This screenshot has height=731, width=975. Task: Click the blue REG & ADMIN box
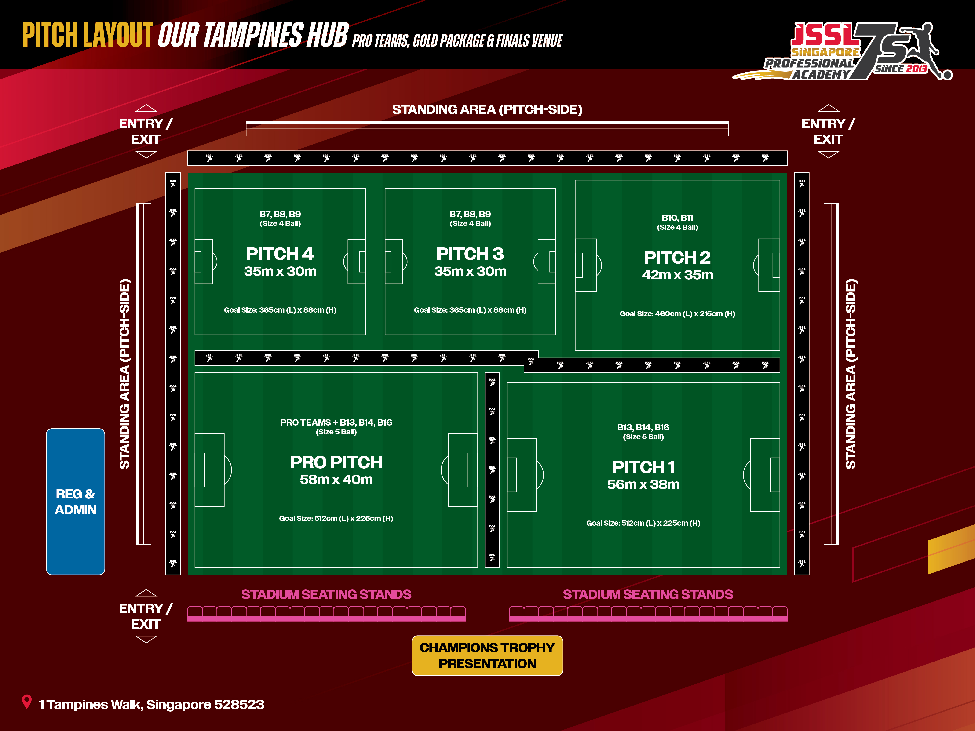75,502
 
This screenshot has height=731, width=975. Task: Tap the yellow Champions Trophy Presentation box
487,655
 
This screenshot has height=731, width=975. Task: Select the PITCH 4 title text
280,254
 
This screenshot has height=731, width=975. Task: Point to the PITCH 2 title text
677,257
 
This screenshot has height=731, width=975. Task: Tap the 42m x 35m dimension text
677,275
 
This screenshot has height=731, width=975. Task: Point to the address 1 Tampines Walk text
151,705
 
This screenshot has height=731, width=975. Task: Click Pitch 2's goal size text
677,314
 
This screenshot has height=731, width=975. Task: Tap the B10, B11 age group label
677,218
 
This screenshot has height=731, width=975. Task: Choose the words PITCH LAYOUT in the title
87,35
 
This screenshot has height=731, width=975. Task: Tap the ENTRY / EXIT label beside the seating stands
146,616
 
